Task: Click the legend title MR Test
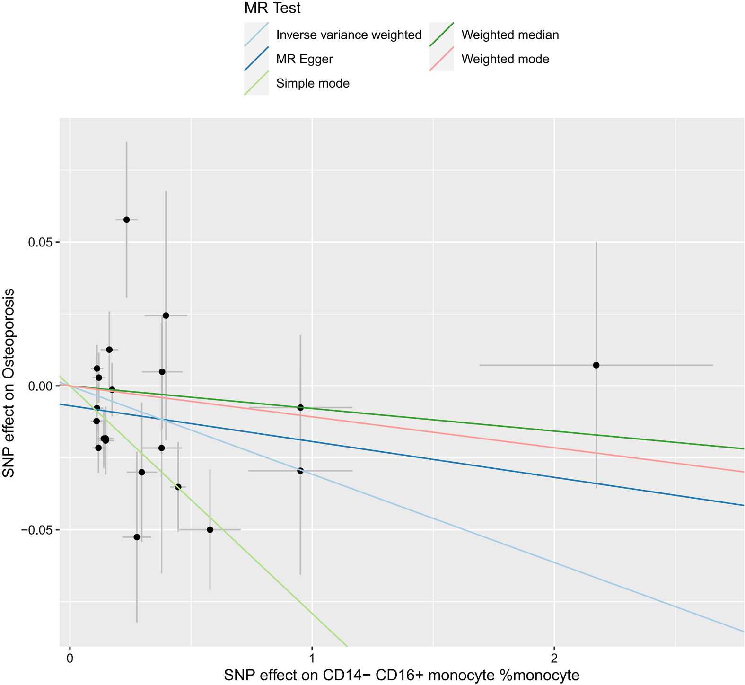coord(272,8)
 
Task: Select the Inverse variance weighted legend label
coord(349,35)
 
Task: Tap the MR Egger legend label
coord(305,60)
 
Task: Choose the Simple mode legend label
coord(313,84)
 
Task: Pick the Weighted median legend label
coord(510,35)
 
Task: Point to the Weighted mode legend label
coord(505,60)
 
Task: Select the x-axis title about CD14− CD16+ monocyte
coord(402,675)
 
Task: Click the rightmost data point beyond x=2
coord(596,365)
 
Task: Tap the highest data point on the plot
coord(126,220)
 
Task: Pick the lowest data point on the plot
coord(137,537)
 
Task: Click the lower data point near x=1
coord(300,471)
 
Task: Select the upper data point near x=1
coord(300,407)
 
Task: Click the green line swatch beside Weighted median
coord(441,35)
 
